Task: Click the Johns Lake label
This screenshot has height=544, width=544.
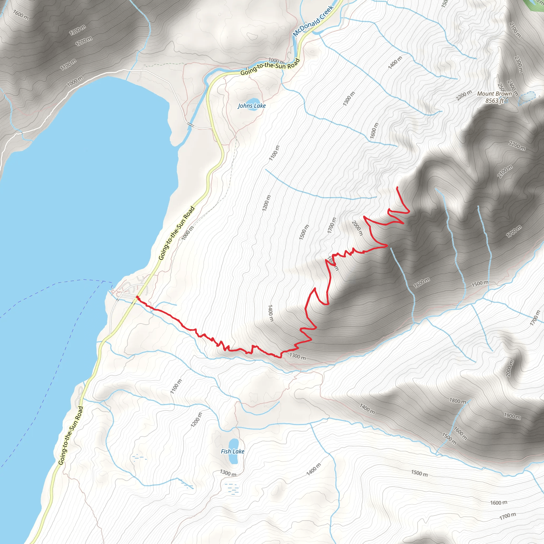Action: click(x=252, y=106)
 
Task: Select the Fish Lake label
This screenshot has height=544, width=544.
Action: click(x=232, y=451)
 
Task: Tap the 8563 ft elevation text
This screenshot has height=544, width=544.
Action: click(x=494, y=100)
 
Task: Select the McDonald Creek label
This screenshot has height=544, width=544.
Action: click(x=313, y=20)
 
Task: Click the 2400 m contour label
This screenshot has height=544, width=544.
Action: click(x=512, y=88)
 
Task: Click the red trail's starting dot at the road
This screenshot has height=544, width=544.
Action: click(x=137, y=297)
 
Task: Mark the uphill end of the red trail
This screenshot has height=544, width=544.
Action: click(x=397, y=187)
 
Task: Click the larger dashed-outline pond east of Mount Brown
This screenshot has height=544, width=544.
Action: click(x=527, y=97)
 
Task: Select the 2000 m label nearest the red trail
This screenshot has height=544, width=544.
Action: click(x=357, y=228)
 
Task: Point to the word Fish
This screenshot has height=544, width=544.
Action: click(x=226, y=451)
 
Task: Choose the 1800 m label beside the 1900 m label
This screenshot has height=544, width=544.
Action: click(x=458, y=401)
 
